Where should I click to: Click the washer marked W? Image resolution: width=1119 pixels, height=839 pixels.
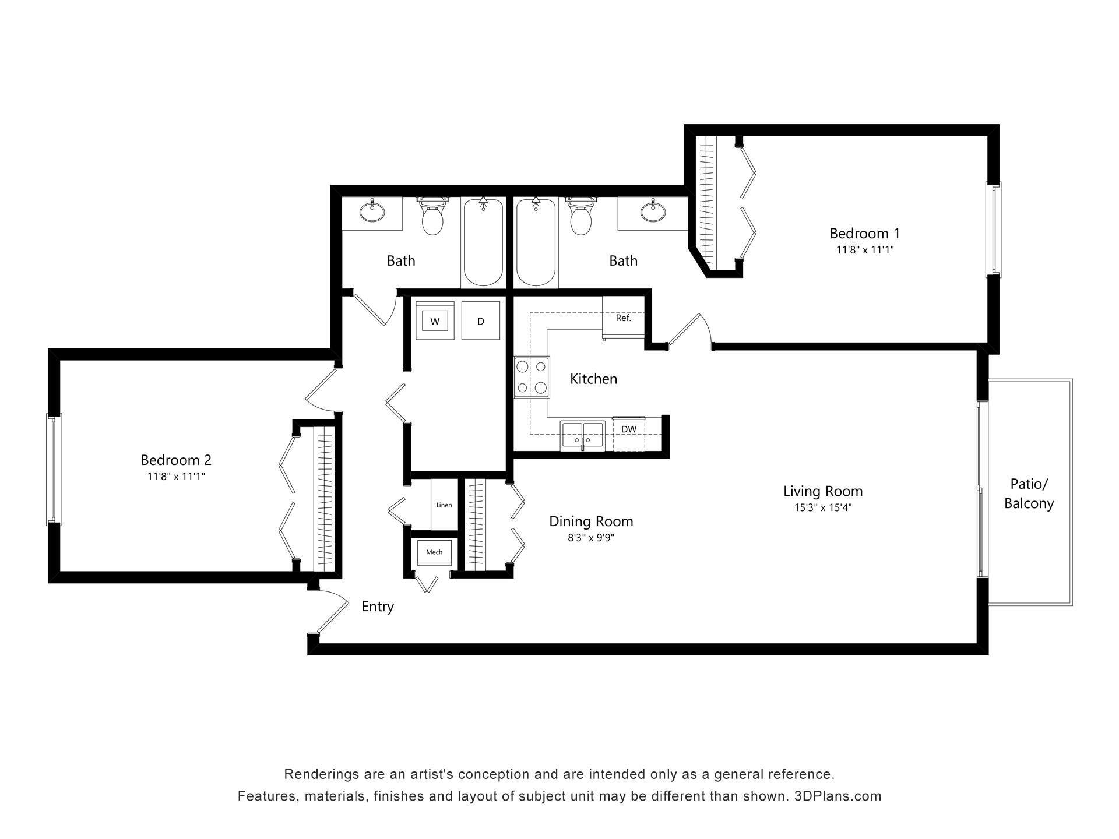(x=435, y=321)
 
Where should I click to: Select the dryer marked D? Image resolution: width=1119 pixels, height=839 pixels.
(x=481, y=321)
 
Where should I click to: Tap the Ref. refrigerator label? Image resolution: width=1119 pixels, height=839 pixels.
(x=623, y=318)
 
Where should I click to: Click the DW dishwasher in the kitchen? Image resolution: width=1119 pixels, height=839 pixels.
(x=628, y=429)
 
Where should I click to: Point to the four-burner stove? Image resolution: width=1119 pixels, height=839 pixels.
(x=532, y=377)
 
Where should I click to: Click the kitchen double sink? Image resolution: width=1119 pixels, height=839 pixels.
(x=582, y=435)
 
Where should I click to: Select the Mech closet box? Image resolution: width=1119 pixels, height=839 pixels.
(x=434, y=552)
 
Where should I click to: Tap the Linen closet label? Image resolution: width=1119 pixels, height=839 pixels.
(x=444, y=505)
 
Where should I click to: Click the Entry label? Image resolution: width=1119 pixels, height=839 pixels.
(x=378, y=607)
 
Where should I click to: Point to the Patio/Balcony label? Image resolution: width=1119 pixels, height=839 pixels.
(x=1029, y=493)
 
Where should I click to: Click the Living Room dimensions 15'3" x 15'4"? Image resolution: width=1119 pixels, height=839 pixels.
(x=822, y=507)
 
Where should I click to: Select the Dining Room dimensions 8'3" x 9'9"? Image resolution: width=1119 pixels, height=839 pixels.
(x=591, y=538)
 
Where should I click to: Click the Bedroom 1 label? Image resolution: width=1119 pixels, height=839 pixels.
(x=864, y=234)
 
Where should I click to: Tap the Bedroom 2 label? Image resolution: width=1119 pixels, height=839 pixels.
(x=176, y=460)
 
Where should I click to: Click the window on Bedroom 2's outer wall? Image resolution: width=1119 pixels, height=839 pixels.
(x=54, y=470)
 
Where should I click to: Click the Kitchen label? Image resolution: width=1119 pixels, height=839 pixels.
(x=593, y=379)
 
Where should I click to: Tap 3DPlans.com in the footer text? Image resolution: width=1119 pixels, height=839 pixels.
(x=838, y=796)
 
